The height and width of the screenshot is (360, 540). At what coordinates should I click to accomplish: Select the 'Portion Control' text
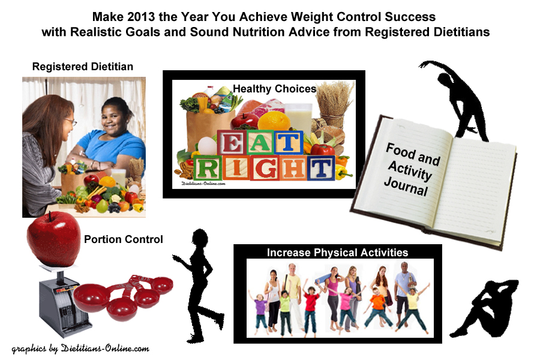click(123, 239)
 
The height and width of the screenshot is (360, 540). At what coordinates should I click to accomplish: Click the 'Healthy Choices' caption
click(274, 89)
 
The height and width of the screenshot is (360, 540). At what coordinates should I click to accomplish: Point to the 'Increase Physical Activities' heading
click(337, 252)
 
